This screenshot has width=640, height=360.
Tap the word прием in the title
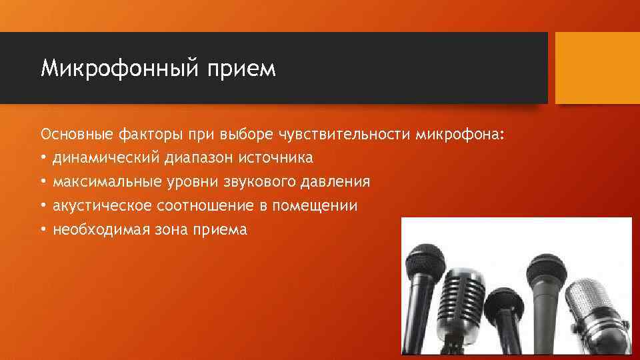[x=243, y=69]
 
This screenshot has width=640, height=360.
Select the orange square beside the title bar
[x=597, y=68]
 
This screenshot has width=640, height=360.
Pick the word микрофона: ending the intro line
[x=461, y=135]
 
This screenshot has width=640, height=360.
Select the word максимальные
[x=100, y=182]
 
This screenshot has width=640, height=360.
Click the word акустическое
[x=100, y=206]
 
